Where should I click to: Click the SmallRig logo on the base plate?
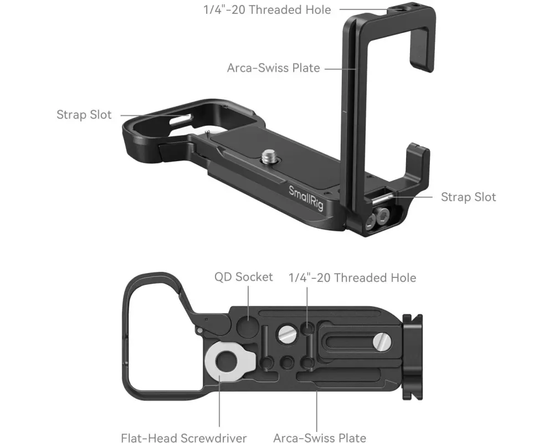(306, 198)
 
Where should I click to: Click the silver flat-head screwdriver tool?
(230, 361)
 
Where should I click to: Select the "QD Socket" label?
(243, 277)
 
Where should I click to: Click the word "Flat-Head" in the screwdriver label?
(148, 438)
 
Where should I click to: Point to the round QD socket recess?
(248, 323)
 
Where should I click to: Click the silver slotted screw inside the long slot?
(382, 342)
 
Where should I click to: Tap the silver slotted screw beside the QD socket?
(287, 334)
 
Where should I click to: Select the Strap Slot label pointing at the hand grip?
(84, 115)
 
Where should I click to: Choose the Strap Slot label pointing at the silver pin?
(468, 197)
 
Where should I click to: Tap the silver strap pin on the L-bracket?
(381, 199)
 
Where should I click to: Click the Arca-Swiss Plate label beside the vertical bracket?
(274, 68)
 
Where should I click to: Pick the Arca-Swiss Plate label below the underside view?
(320, 438)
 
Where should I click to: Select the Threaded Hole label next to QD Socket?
(352, 278)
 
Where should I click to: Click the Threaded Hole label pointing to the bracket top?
(267, 10)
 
